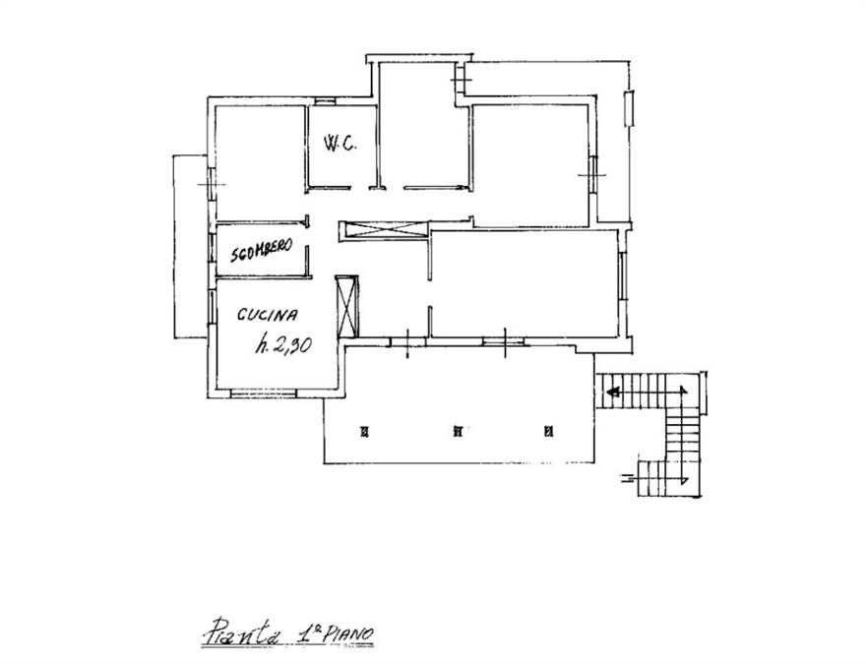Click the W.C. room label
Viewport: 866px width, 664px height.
click(x=340, y=144)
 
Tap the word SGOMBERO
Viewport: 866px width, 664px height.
click(x=261, y=251)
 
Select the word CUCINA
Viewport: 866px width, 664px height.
click(x=268, y=314)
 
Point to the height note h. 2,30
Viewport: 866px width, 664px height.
click(x=283, y=345)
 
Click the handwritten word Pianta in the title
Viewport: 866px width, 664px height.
click(x=241, y=631)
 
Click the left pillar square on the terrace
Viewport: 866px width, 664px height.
click(x=364, y=432)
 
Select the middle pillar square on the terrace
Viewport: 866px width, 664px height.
click(x=458, y=431)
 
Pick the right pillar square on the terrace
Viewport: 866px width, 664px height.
click(x=548, y=431)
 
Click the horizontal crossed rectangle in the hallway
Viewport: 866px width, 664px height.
click(x=383, y=229)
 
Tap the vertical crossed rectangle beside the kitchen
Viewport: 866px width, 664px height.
click(x=347, y=306)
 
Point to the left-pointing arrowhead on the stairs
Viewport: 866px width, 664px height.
click(x=612, y=392)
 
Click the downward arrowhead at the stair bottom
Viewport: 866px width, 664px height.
click(x=684, y=479)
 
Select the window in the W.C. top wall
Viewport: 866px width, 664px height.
click(x=325, y=101)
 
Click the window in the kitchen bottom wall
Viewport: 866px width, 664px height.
click(x=264, y=393)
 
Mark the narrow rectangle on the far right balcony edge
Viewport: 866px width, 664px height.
click(x=629, y=109)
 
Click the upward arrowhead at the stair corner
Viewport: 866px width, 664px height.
click(x=684, y=391)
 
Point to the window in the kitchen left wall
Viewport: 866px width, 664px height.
click(x=212, y=308)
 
